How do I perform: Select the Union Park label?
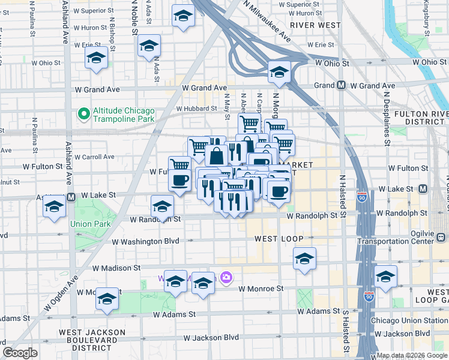click(x=88, y=224)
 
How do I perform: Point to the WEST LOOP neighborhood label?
click(x=274, y=239)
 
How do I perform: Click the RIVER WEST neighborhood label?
click(x=315, y=25)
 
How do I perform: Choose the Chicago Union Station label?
click(x=409, y=320)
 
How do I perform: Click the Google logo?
click(x=20, y=353)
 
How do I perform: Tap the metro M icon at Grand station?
click(x=341, y=85)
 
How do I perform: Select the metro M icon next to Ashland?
click(x=71, y=197)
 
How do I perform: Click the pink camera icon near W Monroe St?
click(x=226, y=277)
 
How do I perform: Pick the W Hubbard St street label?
click(x=196, y=109)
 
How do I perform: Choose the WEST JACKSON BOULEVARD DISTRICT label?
click(x=92, y=337)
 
